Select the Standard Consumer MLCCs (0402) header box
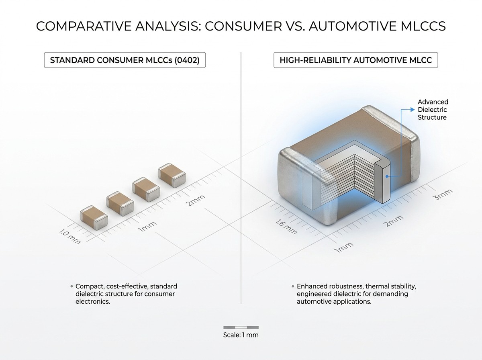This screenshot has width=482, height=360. click(125, 60)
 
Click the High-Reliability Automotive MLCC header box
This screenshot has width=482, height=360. click(356, 60)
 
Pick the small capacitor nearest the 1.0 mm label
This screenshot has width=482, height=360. click(94, 217)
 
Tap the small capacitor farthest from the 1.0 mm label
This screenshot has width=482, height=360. click(172, 175)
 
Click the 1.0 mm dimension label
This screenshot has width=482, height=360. click(70, 237)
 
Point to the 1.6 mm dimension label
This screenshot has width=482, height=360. click(286, 227)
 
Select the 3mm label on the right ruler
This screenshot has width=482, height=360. click(443, 194)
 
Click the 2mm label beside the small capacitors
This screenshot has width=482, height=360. click(195, 200)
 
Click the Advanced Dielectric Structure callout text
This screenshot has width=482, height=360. click(433, 110)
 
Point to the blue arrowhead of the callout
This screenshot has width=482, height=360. click(413, 110)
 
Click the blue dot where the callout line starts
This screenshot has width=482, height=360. click(387, 176)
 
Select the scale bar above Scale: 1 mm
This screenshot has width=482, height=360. click(241, 327)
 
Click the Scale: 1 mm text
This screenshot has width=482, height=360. click(241, 335)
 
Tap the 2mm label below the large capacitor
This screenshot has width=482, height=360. click(393, 221)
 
